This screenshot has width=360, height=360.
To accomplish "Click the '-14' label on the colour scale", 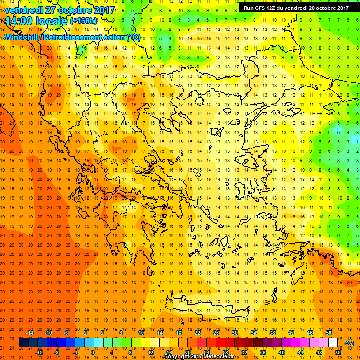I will [x=30, y=332].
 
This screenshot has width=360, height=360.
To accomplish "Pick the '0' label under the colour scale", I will [x=92, y=352].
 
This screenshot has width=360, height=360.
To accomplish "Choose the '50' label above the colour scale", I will [x=328, y=332].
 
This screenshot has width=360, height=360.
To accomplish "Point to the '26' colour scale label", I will [x=216, y=332].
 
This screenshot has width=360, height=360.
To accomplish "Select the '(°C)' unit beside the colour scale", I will [x=349, y=343].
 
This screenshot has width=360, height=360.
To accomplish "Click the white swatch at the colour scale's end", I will [x=333, y=343].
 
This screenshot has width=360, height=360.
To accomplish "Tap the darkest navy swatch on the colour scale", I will [x=23, y=343].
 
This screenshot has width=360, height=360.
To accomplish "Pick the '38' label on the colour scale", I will [x=272, y=332].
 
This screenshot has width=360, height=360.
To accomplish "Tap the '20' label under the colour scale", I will [x=187, y=352].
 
